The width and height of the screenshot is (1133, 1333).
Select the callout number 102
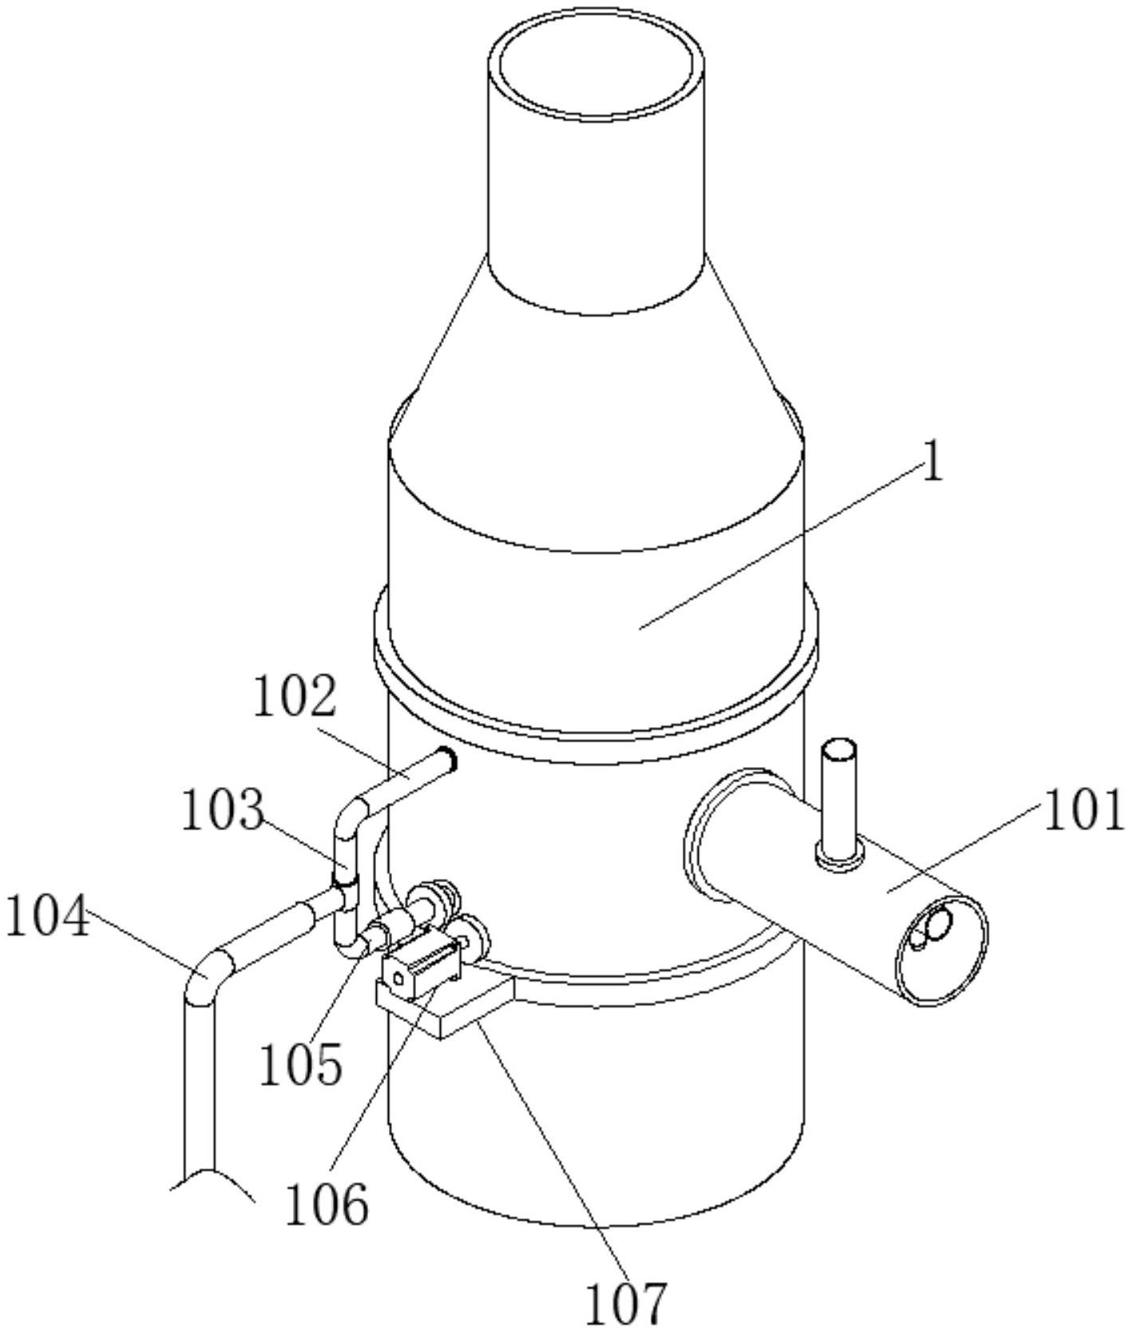click(x=295, y=698)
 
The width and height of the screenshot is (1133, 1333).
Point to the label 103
click(x=223, y=809)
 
